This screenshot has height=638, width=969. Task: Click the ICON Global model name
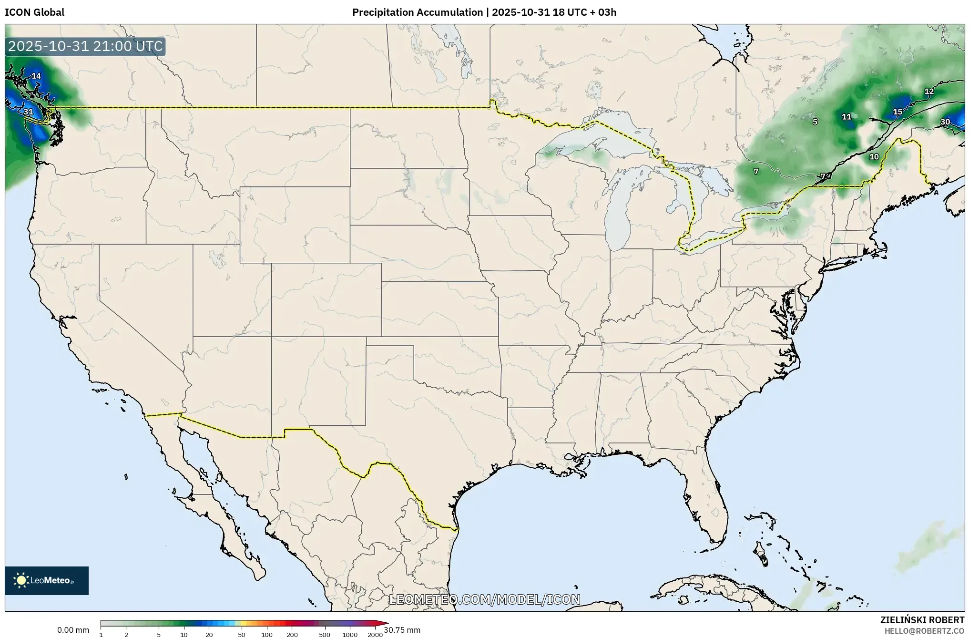[x=34, y=12]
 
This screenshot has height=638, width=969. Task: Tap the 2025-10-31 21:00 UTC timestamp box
[x=85, y=47]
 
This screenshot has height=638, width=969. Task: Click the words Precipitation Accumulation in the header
[x=417, y=12]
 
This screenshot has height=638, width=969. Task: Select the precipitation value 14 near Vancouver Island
[x=36, y=76]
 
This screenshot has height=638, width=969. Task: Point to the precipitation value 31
[x=29, y=112]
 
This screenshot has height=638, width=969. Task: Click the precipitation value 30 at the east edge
[x=945, y=122]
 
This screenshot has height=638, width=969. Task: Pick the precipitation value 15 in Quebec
[x=898, y=112]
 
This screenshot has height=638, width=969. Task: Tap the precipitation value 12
[x=929, y=92]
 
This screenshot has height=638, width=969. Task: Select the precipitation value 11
[x=847, y=117]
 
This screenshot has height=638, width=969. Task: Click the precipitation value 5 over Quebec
[x=815, y=122]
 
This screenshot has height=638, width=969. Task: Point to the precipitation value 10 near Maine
[x=874, y=157]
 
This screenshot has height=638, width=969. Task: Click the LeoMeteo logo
[x=47, y=580]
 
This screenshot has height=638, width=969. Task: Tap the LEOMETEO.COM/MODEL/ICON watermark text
[x=485, y=599]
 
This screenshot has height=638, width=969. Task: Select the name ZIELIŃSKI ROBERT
[x=922, y=620]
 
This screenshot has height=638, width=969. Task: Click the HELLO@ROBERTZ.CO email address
[x=924, y=631]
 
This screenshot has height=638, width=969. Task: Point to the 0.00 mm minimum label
[x=73, y=630]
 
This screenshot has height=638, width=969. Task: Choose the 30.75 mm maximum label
[x=402, y=630]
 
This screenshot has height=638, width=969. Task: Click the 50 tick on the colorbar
[x=242, y=635]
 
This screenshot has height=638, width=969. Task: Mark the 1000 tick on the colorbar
[x=350, y=635]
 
